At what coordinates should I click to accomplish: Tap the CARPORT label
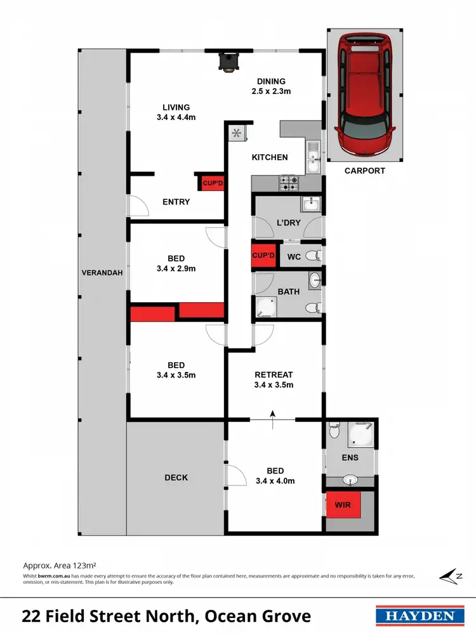(365, 171)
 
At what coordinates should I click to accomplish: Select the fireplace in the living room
(227, 62)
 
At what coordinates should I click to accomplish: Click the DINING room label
(271, 81)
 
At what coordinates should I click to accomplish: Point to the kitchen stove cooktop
(290, 183)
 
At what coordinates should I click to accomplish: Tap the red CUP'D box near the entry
(213, 183)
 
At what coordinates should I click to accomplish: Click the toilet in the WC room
(312, 256)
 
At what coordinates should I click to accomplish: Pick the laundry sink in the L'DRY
(311, 204)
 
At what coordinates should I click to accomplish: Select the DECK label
(176, 477)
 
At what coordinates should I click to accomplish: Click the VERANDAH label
(102, 273)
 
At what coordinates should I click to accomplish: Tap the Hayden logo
(416, 616)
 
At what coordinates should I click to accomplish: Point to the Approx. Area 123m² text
(59, 564)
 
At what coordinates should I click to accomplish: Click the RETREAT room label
(274, 374)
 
